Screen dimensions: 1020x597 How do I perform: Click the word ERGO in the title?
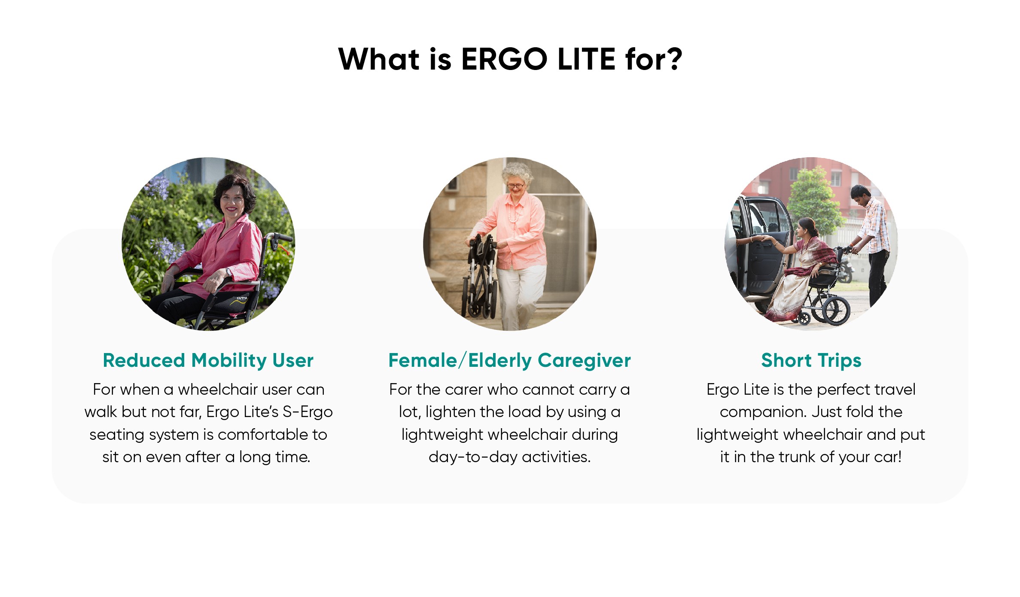point(504,59)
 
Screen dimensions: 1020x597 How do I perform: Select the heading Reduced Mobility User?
point(208,360)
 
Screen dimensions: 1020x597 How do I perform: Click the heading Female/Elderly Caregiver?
point(509,360)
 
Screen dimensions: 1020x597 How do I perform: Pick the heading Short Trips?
point(811,360)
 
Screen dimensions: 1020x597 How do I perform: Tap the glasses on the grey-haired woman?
point(515,186)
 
